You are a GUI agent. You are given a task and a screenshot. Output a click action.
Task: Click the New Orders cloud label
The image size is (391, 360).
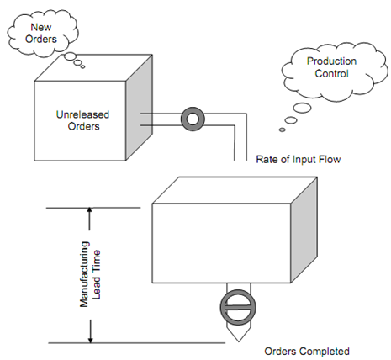point(41,33)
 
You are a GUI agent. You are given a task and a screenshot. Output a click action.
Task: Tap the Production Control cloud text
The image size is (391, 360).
point(331,67)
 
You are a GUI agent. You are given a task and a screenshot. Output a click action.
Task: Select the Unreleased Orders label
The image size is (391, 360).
point(83,120)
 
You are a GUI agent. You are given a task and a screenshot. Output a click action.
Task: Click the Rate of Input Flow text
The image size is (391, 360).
point(299,160)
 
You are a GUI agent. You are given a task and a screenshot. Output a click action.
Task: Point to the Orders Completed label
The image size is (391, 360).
point(307,352)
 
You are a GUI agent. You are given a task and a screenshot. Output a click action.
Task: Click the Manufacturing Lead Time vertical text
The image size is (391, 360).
point(90,274)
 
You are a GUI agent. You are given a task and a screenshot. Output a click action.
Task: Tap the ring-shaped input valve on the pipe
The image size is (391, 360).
point(193,119)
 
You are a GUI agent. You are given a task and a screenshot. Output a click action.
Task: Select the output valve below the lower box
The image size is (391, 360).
point(238,308)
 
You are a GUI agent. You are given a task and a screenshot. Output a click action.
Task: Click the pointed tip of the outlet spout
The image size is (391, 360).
point(239,341)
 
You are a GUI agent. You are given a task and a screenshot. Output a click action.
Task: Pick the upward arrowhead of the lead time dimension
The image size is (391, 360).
point(90,210)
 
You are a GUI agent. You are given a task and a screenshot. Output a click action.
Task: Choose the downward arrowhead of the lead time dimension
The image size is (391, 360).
point(90,340)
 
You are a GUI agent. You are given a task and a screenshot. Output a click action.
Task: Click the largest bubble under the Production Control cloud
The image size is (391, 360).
point(302,108)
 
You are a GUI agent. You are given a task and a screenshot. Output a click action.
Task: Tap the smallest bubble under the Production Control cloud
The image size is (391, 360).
point(283,130)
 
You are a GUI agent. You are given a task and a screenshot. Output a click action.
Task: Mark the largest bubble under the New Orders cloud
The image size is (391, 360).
point(70,56)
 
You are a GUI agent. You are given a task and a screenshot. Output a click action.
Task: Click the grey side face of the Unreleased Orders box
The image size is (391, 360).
point(139,108)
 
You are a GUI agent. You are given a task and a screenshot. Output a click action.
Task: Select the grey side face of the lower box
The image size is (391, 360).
point(304,230)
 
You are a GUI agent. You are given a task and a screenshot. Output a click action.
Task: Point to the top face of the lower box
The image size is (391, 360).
point(235,190)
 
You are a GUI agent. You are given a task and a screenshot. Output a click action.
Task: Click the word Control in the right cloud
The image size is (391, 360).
point(331,73)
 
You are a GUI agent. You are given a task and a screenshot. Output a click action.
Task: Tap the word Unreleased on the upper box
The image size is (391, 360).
point(83,114)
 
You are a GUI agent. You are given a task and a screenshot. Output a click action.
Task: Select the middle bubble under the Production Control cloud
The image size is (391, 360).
point(291,120)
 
